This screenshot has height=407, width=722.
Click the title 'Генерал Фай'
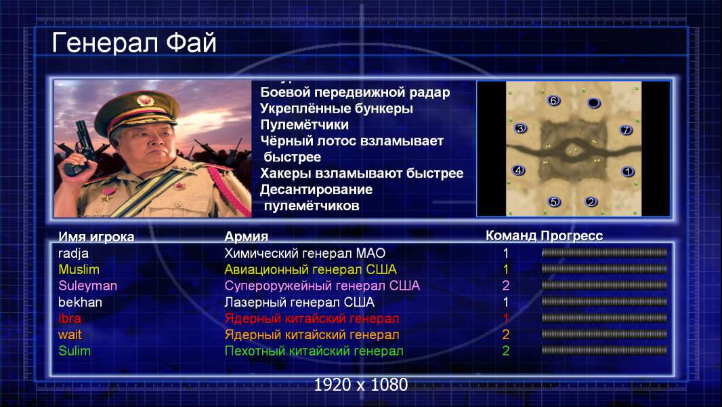click(134, 43)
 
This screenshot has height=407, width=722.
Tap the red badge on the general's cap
click(144, 100)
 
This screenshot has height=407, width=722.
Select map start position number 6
click(553, 100)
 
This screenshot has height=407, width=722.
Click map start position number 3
click(520, 128)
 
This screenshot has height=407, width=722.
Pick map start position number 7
click(626, 130)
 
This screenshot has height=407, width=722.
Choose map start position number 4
click(519, 170)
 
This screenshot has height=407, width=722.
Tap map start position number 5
click(554, 201)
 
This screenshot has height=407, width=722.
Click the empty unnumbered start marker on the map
click(594, 103)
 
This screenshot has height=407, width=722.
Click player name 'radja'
click(73, 254)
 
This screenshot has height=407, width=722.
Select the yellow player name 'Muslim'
click(79, 269)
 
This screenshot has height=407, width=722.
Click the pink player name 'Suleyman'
click(87, 286)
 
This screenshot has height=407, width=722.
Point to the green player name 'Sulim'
click(75, 351)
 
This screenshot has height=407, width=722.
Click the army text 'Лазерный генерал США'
click(299, 303)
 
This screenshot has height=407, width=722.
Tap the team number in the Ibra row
click(505, 319)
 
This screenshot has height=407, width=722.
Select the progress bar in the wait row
click(604, 334)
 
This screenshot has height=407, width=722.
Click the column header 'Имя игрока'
click(96, 237)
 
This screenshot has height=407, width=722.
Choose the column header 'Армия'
click(246, 237)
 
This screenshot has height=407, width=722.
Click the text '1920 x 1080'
click(361, 385)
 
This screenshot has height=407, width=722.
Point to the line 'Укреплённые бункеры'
click(337, 109)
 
